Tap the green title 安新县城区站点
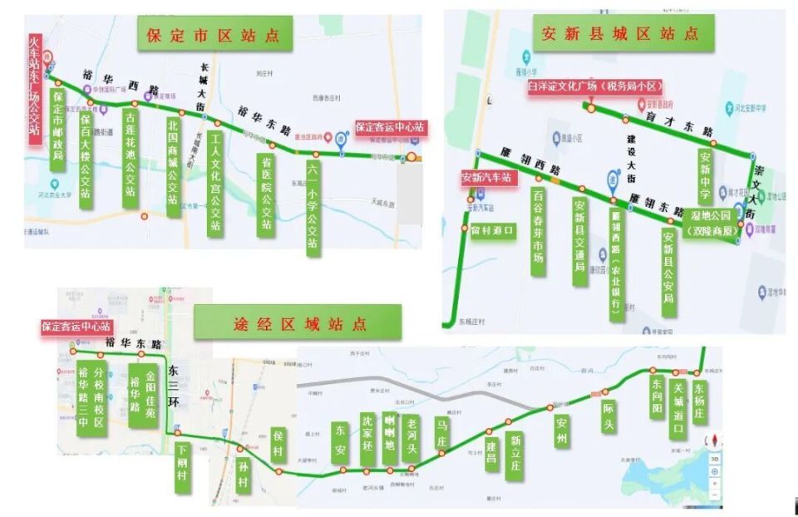click(620, 34)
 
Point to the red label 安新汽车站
click(490, 177)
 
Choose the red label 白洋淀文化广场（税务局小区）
click(595, 86)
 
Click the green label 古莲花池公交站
click(130, 158)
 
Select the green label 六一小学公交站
click(313, 206)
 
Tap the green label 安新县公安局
click(668, 273)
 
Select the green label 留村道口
click(493, 229)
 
